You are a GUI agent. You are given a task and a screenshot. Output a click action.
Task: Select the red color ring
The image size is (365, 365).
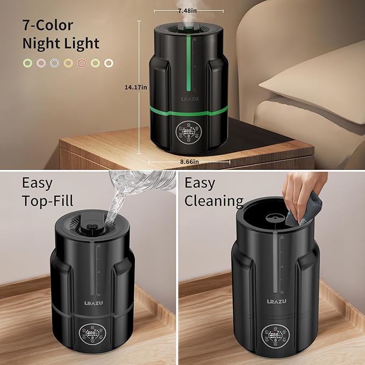81,63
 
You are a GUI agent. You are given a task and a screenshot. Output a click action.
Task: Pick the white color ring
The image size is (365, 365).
109,63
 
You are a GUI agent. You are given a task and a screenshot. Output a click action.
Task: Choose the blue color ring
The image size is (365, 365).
54,63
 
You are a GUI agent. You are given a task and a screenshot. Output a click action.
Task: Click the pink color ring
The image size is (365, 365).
40,63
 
